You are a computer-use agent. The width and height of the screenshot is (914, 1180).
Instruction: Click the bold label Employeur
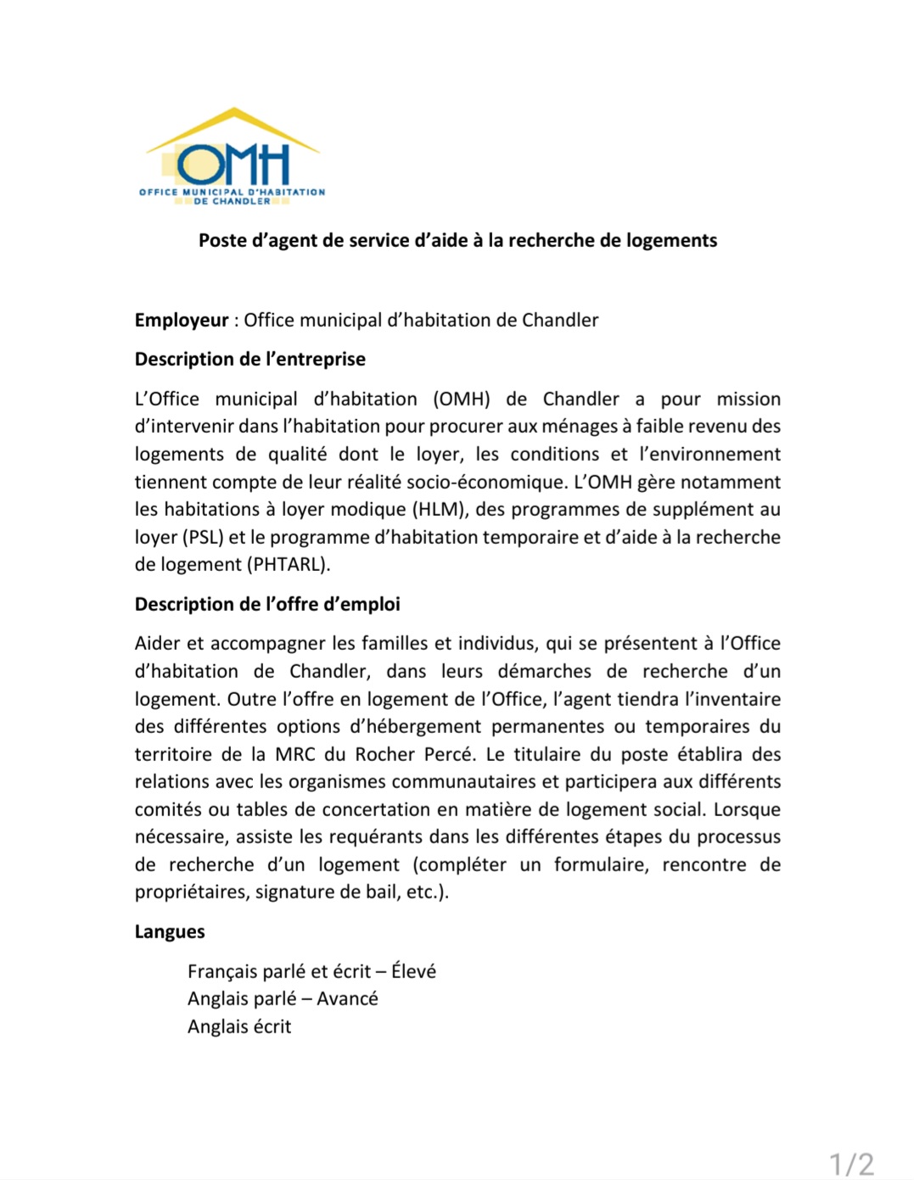tap(182, 321)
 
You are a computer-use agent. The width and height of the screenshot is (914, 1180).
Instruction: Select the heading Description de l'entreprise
tap(250, 360)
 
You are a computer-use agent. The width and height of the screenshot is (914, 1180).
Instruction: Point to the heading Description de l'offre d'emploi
tap(267, 605)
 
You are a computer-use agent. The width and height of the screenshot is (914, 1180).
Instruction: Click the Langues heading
tap(170, 932)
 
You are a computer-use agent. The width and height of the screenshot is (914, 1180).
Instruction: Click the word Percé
tap(447, 755)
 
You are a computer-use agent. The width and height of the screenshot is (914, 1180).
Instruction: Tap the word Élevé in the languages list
tap(413, 972)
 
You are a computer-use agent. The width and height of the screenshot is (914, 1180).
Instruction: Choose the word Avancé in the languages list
tap(347, 999)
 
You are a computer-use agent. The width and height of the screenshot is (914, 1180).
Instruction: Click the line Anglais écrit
tap(239, 1027)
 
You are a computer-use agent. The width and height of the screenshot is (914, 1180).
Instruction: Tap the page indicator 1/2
tap(851, 1164)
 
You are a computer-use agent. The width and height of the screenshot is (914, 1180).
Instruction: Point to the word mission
tap(749, 400)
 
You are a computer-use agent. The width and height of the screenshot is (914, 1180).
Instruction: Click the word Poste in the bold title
tap(222, 241)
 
